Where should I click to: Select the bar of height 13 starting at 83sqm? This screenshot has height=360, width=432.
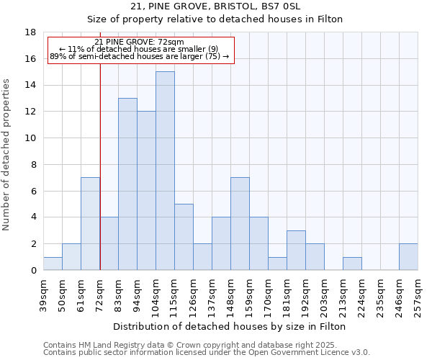(127, 184)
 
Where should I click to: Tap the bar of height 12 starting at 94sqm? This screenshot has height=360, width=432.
(146, 191)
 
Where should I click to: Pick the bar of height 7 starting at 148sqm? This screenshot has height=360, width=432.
(240, 224)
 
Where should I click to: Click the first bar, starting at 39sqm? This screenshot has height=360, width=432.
(53, 264)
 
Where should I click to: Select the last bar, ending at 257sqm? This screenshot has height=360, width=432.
(408, 257)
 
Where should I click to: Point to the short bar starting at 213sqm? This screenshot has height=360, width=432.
(352, 264)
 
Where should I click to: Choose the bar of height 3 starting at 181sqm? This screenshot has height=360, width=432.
(296, 251)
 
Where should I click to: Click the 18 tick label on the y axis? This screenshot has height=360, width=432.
(31, 32)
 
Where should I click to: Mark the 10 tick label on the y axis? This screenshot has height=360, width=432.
(31, 138)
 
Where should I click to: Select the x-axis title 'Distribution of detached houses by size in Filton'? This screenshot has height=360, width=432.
(230, 326)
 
